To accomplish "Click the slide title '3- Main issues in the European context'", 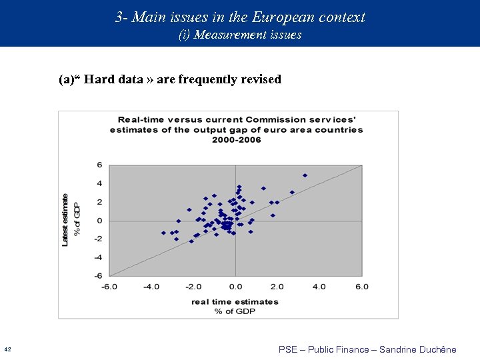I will pyautogui.click(x=240, y=17).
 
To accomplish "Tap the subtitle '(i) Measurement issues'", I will pyautogui.click(x=240, y=35).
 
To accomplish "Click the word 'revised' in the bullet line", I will pyautogui.click(x=260, y=80).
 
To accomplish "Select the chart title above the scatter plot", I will pyautogui.click(x=237, y=129).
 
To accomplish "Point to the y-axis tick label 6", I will pyautogui.click(x=99, y=165).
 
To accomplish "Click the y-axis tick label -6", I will pyautogui.click(x=98, y=275).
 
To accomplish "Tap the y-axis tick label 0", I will pyautogui.click(x=99, y=221).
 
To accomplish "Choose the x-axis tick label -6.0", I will pyautogui.click(x=109, y=287).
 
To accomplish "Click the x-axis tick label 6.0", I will pyautogui.click(x=361, y=287).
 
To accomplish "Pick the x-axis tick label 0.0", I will pyautogui.click(x=235, y=287).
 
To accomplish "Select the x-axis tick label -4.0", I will pyautogui.click(x=151, y=287).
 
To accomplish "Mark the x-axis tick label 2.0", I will pyautogui.click(x=277, y=287).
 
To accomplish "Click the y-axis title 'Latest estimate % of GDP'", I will pyautogui.click(x=71, y=220).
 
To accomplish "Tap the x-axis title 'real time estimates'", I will pyautogui.click(x=235, y=301).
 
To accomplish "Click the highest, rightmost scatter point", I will pyautogui.click(x=305, y=175).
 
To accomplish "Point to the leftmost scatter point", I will pyautogui.click(x=163, y=233).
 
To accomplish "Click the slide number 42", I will pyautogui.click(x=7, y=349).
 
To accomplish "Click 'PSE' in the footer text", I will pyautogui.click(x=288, y=349).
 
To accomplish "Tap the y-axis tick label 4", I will pyautogui.click(x=99, y=184).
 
